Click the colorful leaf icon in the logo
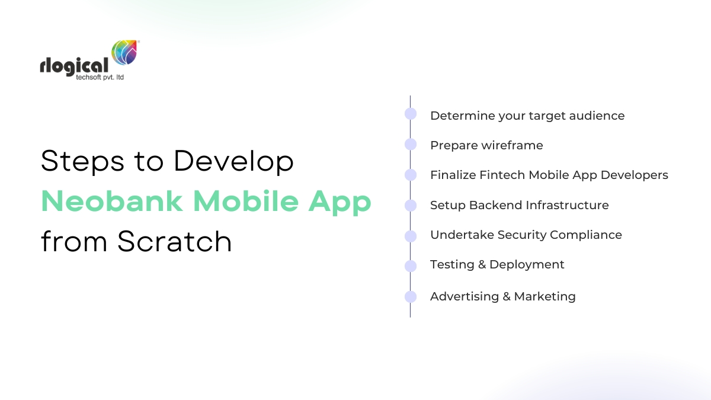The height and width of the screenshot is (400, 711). click(x=124, y=52)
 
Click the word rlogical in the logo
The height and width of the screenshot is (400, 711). click(x=74, y=66)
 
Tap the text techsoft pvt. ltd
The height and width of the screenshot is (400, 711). click(x=100, y=78)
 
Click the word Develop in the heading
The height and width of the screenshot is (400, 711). click(x=233, y=162)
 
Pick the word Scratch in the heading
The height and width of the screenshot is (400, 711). click(x=175, y=242)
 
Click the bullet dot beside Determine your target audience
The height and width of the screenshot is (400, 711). click(x=411, y=114)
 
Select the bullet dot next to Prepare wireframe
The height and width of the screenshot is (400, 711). click(x=411, y=144)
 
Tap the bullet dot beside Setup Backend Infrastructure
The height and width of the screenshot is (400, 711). click(x=411, y=206)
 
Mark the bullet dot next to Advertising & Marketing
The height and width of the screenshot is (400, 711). click(x=411, y=297)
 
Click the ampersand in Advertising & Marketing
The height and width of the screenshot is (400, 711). click(x=506, y=296)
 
